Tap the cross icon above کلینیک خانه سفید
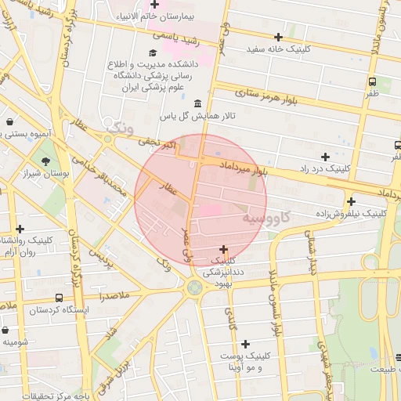click(278, 37)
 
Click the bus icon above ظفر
click(372, 81)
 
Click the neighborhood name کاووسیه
click(265, 215)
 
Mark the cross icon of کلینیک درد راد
click(325, 157)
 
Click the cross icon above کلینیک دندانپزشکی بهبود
click(223, 248)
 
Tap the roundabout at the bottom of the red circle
click(193, 288)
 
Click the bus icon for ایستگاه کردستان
click(60, 298)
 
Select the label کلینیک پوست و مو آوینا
click(246, 361)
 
